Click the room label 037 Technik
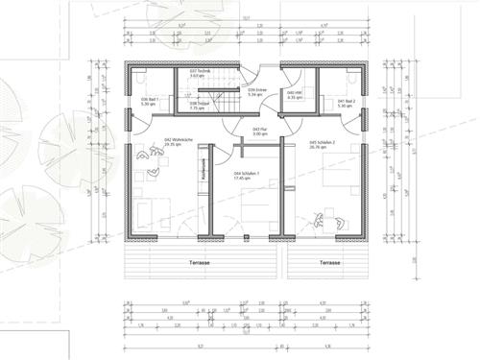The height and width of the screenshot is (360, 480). click(200, 73)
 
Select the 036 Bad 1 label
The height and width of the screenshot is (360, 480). click(149, 101)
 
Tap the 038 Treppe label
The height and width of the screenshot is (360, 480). click(200, 106)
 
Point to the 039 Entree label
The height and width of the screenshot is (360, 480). click(254, 93)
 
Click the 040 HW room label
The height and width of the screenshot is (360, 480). click(296, 93)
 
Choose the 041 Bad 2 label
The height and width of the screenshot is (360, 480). click(347, 101)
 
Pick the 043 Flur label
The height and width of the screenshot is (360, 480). click(259, 131)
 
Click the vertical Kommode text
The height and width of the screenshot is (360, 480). click(204, 169)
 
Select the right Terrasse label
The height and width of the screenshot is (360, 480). click(329, 261)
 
